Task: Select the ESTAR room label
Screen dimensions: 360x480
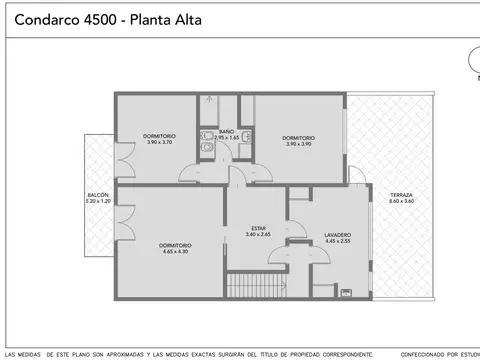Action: pyautogui.click(x=258, y=228)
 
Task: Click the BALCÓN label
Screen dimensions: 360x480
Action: pyautogui.click(x=99, y=196)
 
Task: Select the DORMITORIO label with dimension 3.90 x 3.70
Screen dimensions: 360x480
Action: pyautogui.click(x=160, y=137)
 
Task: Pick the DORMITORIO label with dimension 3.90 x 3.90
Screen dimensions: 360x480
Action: pyautogui.click(x=299, y=137)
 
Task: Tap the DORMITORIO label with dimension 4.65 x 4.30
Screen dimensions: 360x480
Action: pyautogui.click(x=176, y=245)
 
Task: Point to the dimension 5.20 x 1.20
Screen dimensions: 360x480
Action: pyautogui.click(x=99, y=202)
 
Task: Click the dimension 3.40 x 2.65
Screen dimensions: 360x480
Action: pyautogui.click(x=258, y=234)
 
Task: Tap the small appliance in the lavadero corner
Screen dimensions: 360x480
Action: pyautogui.click(x=346, y=294)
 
